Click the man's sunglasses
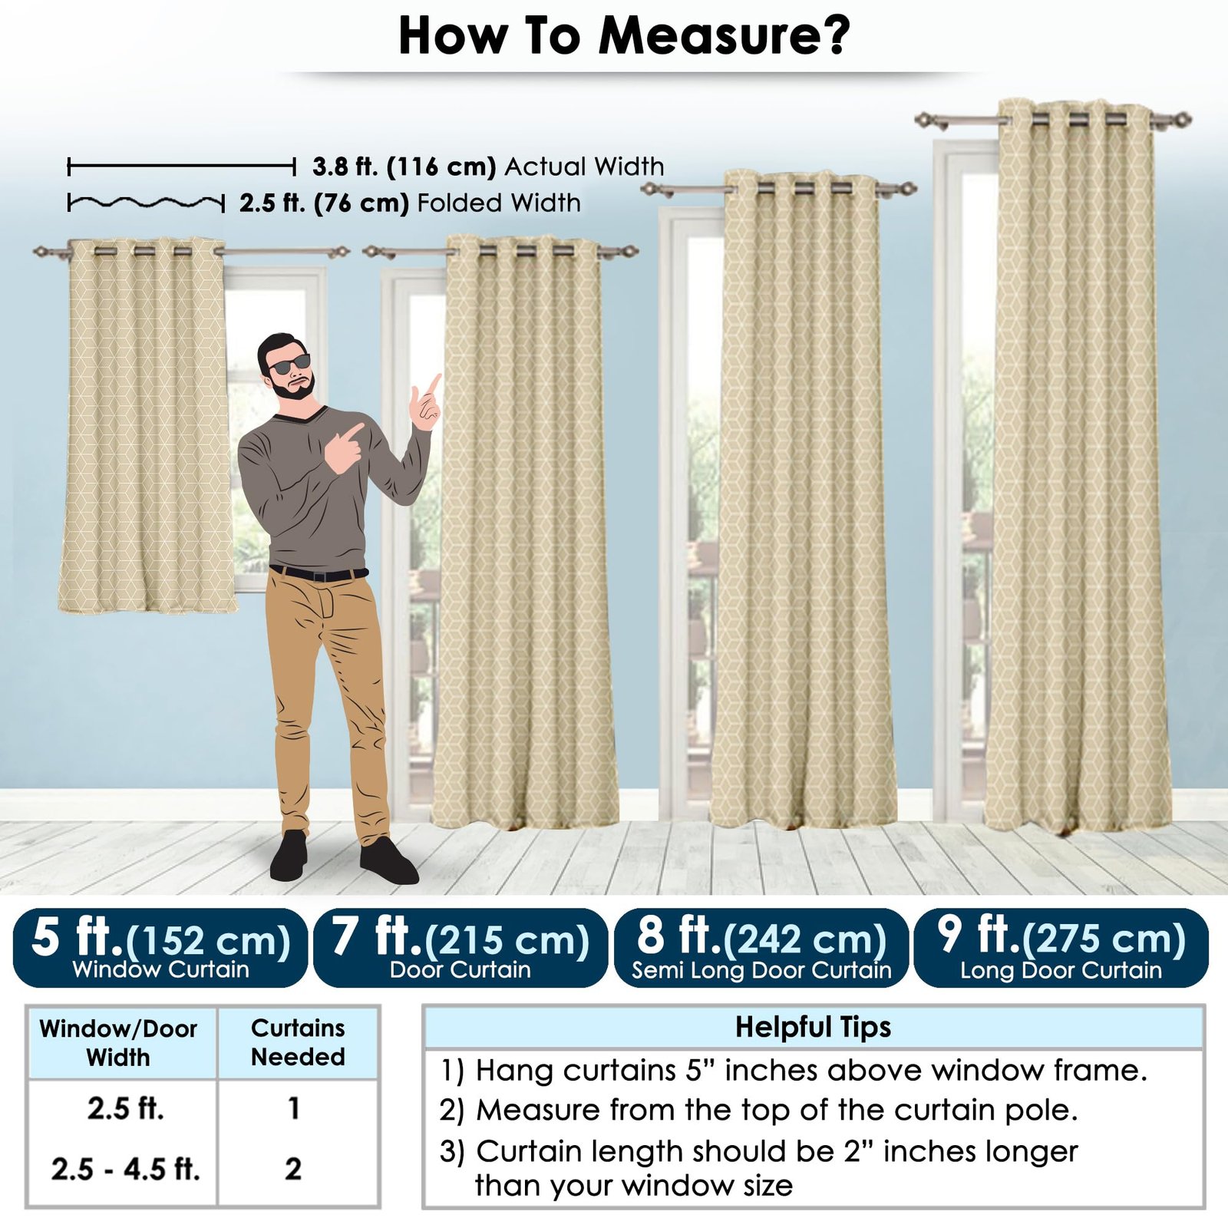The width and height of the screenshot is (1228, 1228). coord(289,364)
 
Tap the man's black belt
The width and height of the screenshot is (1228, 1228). coord(319,573)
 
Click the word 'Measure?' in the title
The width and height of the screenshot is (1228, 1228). coord(724,35)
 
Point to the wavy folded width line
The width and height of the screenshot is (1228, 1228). coord(146,203)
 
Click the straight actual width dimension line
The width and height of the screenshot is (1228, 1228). coord(181,166)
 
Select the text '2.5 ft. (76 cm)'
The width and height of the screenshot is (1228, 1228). coord(324,203)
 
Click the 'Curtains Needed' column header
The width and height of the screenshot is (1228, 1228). coord(298,1042)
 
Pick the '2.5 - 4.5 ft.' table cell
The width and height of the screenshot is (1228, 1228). coord(126,1170)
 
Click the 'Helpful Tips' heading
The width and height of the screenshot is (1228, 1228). coord(814,1027)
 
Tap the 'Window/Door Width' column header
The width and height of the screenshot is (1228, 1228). coord(118,1042)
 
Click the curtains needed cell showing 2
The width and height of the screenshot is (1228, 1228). coord(293,1170)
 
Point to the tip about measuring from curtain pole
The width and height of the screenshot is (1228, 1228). coord(758,1110)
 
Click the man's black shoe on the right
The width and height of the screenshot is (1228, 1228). coord(388,861)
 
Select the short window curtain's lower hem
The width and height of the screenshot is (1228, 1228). coord(147,606)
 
